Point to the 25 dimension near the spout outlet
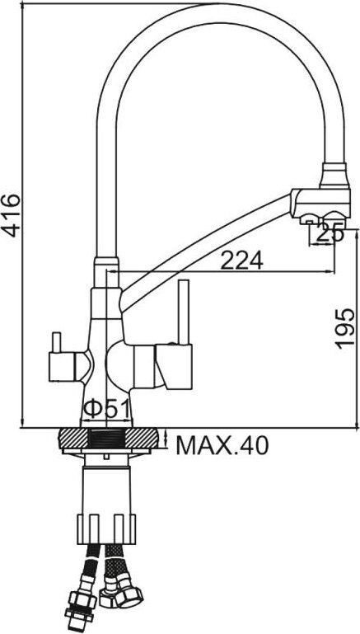click(330, 233)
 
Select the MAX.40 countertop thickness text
click(222, 446)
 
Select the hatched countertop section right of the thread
click(143, 439)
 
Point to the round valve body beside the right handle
click(124, 362)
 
